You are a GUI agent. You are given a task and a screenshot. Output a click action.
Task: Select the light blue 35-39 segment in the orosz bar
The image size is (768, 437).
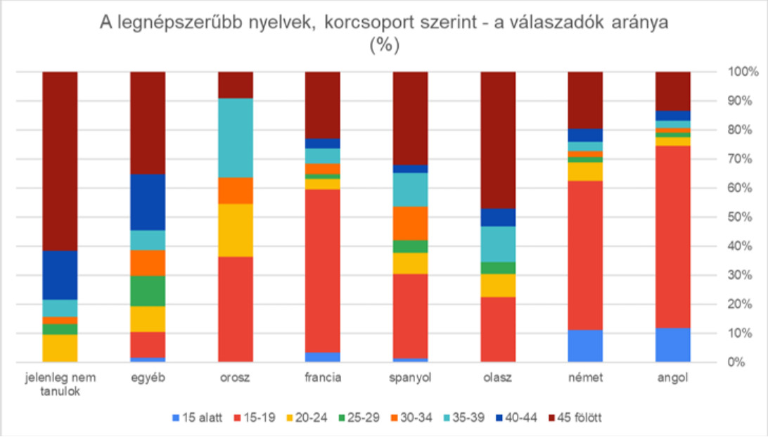[235, 138]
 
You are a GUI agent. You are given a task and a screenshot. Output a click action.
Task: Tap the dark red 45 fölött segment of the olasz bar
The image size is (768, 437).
[498, 139]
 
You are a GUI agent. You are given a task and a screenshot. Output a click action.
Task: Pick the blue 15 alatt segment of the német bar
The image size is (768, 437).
[585, 346]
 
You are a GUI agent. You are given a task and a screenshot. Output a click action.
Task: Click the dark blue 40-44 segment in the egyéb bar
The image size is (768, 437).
[148, 202]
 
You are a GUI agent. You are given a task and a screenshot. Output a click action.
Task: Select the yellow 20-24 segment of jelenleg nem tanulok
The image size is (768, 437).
[60, 348]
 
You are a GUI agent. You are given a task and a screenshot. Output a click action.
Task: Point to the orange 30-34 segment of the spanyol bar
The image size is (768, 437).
[410, 223]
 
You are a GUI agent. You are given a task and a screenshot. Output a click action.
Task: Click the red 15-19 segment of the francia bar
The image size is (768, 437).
[323, 270]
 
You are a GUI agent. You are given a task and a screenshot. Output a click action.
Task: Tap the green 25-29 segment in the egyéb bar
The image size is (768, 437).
[148, 291]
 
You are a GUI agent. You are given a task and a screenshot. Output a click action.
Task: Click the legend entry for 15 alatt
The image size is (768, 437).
[198, 418]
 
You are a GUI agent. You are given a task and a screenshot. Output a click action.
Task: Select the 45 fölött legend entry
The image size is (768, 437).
[575, 418]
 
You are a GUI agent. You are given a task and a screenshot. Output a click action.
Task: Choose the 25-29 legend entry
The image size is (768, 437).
[359, 418]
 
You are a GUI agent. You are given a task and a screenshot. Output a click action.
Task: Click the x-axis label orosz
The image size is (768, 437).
[235, 378]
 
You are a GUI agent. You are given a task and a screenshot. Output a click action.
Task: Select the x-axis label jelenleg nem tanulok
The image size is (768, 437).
[60, 384]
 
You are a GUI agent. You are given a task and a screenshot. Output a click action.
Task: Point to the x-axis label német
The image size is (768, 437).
[585, 378]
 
